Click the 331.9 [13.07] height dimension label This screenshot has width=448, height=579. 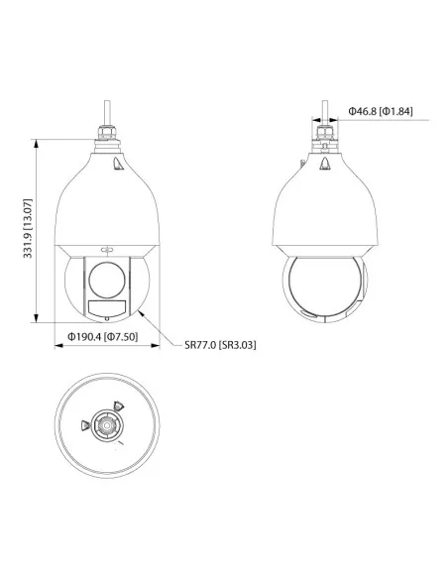point(28,228)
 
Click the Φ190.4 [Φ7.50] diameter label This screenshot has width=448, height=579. point(103,336)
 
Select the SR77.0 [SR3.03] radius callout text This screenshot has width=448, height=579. point(220,345)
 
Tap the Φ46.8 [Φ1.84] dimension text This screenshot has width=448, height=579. point(381,111)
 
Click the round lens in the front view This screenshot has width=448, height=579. point(107,280)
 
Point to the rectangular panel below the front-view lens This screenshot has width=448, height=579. point(107,308)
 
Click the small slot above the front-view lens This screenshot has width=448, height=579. point(107,250)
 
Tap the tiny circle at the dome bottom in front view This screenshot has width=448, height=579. point(107,318)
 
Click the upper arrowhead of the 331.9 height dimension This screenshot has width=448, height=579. point(36,144)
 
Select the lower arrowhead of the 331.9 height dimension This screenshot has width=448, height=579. point(36,318)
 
